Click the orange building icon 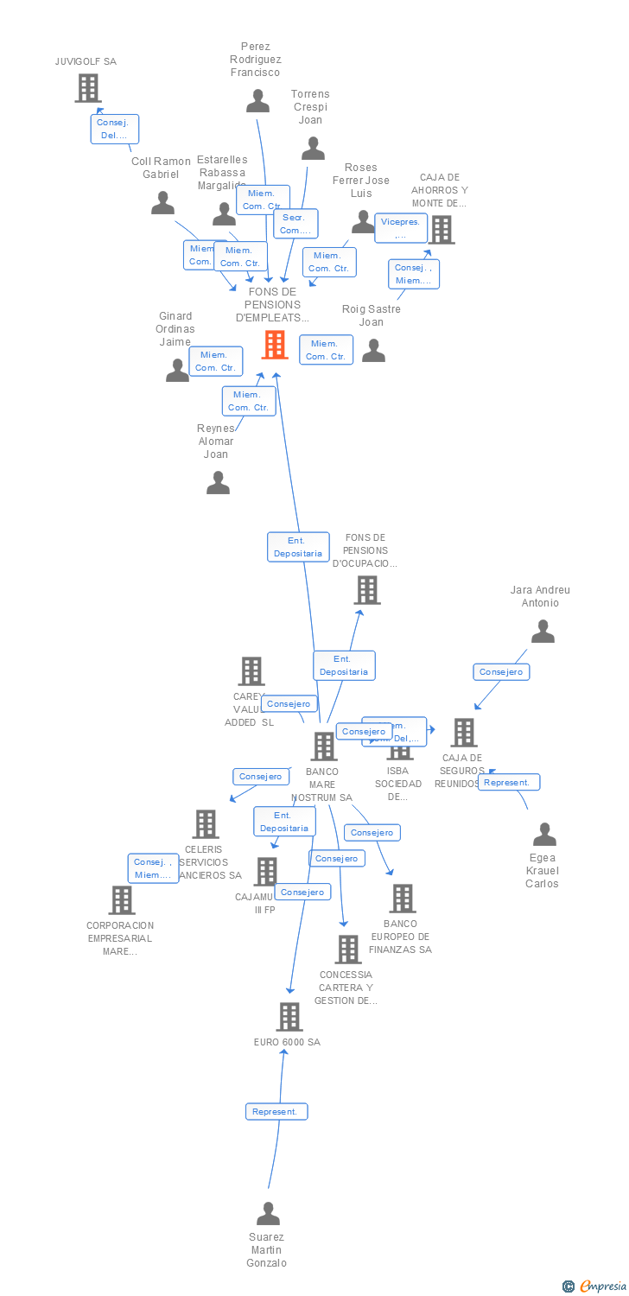pyautogui.click(x=275, y=345)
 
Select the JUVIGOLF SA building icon pyautogui.click(x=88, y=88)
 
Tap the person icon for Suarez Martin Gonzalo pyautogui.click(x=268, y=1214)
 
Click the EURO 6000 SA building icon pyautogui.click(x=289, y=1017)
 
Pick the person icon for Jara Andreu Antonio pyautogui.click(x=543, y=632)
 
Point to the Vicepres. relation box pyautogui.click(x=401, y=228)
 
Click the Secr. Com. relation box pyautogui.click(x=295, y=224)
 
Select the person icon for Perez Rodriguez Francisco pyautogui.click(x=257, y=101)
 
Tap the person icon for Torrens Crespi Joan pyautogui.click(x=313, y=149)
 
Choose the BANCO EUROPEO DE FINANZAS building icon pyautogui.click(x=402, y=899)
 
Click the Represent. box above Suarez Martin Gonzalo pyautogui.click(x=276, y=1112)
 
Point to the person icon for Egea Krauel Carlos pyautogui.click(x=544, y=835)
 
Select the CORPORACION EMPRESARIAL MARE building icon pyautogui.click(x=122, y=900)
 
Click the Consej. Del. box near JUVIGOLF pyautogui.click(x=115, y=129)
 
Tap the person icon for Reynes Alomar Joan pyautogui.click(x=218, y=482)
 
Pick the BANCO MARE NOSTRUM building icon pyautogui.click(x=324, y=746)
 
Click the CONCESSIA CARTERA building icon pyautogui.click(x=348, y=950)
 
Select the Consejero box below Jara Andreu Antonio pyautogui.click(x=501, y=671)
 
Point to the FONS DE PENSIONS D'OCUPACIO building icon pyautogui.click(x=367, y=590)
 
